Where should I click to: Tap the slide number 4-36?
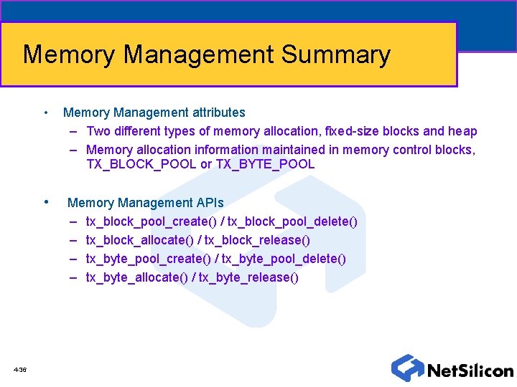coord(20,370)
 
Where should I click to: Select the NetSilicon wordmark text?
coord(470,371)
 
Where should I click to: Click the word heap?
coord(462,131)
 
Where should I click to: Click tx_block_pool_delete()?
coord(291,221)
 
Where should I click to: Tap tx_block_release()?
coord(257,240)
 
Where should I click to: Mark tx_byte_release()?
coord(248,277)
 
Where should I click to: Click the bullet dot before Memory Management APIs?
coord(47,202)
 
